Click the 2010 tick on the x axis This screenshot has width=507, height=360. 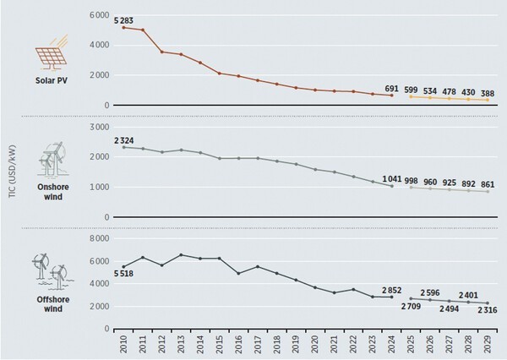[x=124, y=343]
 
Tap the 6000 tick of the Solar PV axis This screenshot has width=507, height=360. [x=98, y=16]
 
